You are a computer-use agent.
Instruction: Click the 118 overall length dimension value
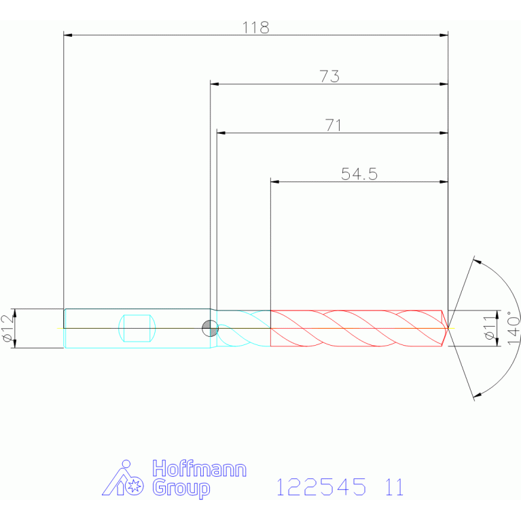coord(255,28)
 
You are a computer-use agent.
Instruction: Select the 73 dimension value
coord(329,77)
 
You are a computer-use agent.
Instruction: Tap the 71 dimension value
coord(334,125)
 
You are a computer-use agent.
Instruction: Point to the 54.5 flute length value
coord(359,174)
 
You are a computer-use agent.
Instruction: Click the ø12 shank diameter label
coord(8,328)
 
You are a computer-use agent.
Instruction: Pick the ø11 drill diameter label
coord(490,327)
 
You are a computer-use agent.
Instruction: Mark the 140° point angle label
coord(514,328)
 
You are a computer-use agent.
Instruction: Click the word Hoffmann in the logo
coord(199,469)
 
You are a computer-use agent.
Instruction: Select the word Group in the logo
coord(181,488)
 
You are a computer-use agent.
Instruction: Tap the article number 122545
coord(321,487)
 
